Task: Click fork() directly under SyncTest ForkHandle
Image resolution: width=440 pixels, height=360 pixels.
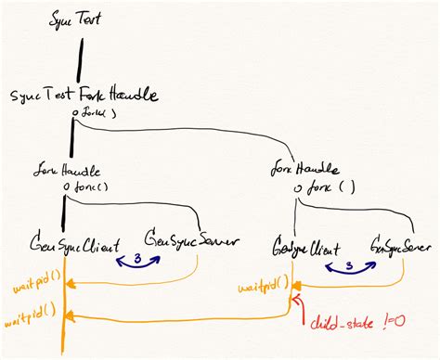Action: point(92,114)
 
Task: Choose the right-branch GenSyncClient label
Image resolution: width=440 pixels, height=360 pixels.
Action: point(305,249)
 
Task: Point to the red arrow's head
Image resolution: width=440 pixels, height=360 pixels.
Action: point(294,301)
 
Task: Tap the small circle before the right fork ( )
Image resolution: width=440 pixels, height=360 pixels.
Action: point(299,189)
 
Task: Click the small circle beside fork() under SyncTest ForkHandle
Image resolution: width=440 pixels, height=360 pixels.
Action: point(74,114)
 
